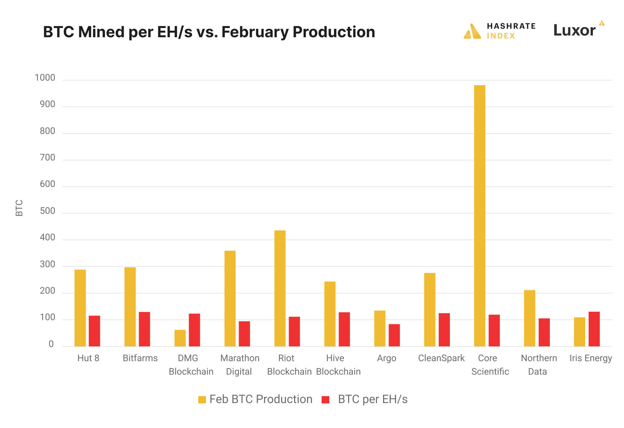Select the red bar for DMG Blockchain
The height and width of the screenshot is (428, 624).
194,330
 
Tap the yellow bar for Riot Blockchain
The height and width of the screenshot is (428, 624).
280,288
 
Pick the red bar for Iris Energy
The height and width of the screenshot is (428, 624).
594,329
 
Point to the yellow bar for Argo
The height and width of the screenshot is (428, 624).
380,329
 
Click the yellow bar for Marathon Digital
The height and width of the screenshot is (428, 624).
230,299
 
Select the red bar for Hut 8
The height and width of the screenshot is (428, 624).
95,331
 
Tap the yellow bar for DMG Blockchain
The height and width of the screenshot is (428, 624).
180,338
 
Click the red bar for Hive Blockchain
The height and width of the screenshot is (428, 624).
344,329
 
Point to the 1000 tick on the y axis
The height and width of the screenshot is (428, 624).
45,78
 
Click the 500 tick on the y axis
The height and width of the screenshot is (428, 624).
47,211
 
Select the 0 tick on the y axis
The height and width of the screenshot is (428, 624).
51,344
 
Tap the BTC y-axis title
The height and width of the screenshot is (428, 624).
19,208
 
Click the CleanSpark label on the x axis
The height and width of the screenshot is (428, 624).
441,358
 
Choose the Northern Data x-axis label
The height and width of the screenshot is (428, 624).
539,365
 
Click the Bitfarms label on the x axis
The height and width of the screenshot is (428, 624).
140,358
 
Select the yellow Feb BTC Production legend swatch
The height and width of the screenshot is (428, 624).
202,400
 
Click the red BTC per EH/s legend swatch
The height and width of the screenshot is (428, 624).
325,400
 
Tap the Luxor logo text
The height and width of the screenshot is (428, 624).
574,30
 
